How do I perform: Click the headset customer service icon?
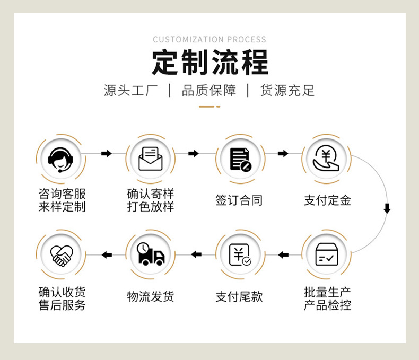62,159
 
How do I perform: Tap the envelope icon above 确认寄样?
151,159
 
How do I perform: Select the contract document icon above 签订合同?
239,159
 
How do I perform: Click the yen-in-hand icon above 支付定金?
326,159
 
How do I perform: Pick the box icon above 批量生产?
326,255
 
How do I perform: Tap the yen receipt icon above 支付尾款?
239,255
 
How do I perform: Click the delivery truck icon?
151,255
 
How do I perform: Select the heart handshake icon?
62,255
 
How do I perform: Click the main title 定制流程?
210,63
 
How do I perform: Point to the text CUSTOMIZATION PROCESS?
210,39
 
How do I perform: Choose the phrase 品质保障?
209,90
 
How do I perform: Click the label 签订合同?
239,200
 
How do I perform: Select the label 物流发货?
151,296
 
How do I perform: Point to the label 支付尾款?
239,296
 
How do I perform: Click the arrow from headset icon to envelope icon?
106,154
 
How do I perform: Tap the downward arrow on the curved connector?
387,208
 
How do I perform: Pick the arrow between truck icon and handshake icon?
107,255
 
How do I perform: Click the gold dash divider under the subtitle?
209,107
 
